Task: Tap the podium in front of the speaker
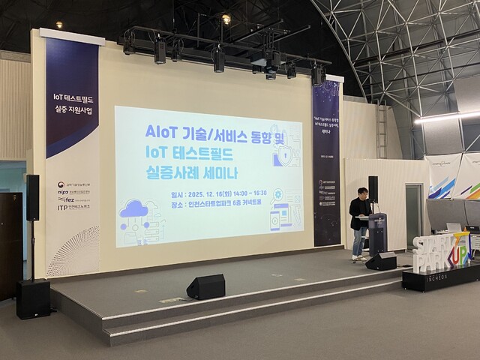click(378, 233)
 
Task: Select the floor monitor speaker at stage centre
click(206, 286)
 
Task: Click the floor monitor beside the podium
click(382, 261)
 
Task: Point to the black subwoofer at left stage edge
click(33, 298)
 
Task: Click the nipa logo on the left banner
click(64, 191)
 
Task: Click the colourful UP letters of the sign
click(460, 252)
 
